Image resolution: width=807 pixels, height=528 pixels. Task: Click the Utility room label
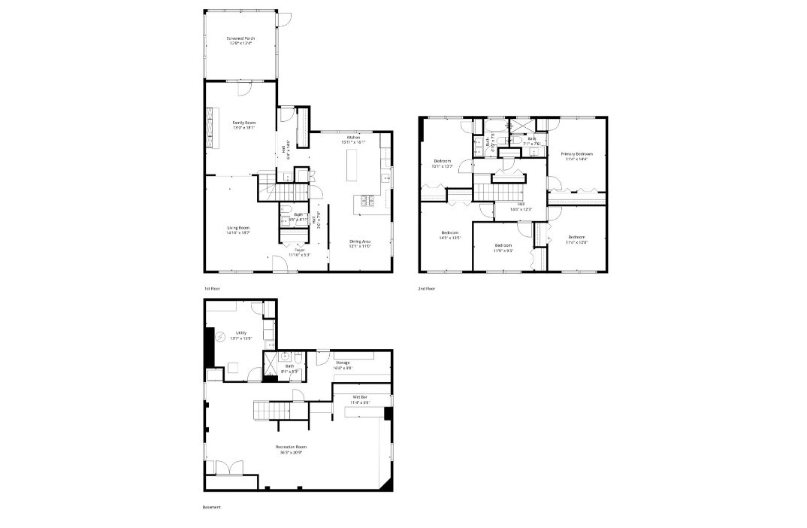pos(241,334)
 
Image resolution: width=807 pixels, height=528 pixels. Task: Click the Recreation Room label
pos(294,450)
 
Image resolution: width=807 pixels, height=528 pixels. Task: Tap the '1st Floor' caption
pos(211,289)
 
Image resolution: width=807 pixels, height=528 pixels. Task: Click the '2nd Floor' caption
pos(427,289)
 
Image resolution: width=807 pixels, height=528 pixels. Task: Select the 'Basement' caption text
pos(212,507)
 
